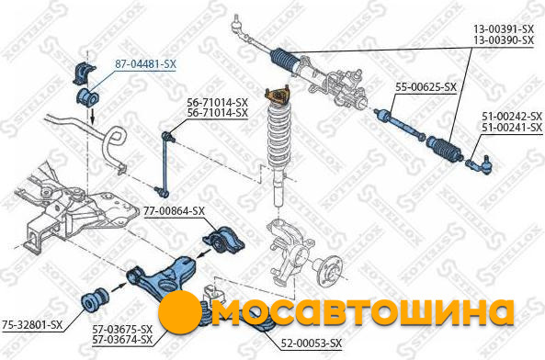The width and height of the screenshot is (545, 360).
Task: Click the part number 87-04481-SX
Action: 145,64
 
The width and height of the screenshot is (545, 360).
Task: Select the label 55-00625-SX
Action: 426,87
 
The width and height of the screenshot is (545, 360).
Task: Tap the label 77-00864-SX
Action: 174,210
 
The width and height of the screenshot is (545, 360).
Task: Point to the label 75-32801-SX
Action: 32,324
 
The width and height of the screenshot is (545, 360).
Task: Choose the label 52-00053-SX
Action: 311,343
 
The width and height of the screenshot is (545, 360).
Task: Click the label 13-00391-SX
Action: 504,28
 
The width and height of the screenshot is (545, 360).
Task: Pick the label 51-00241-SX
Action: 512,128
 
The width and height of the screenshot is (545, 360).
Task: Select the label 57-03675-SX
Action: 122,329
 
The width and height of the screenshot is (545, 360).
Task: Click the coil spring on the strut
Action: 278,134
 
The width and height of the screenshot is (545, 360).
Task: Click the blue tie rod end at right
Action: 480,163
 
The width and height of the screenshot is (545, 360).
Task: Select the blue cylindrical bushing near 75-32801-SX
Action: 94,298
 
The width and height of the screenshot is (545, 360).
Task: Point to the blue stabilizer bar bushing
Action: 87,97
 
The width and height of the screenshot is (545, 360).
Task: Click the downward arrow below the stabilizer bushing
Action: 93,116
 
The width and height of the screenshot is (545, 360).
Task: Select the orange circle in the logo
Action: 180,312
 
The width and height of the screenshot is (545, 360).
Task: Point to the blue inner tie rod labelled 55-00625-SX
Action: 399,124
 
